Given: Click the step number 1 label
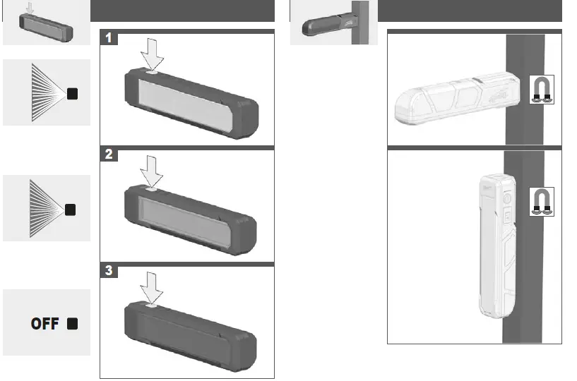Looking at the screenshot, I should point(107,39).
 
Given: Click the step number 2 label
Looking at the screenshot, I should point(107,155).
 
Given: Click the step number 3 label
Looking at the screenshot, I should point(107,271).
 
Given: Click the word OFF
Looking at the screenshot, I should point(45,324).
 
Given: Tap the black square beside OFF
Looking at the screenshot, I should point(72,324).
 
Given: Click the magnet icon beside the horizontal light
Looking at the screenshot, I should point(542,90).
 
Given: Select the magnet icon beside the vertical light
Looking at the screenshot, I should point(542,200).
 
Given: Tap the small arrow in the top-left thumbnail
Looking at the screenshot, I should point(28,8).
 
